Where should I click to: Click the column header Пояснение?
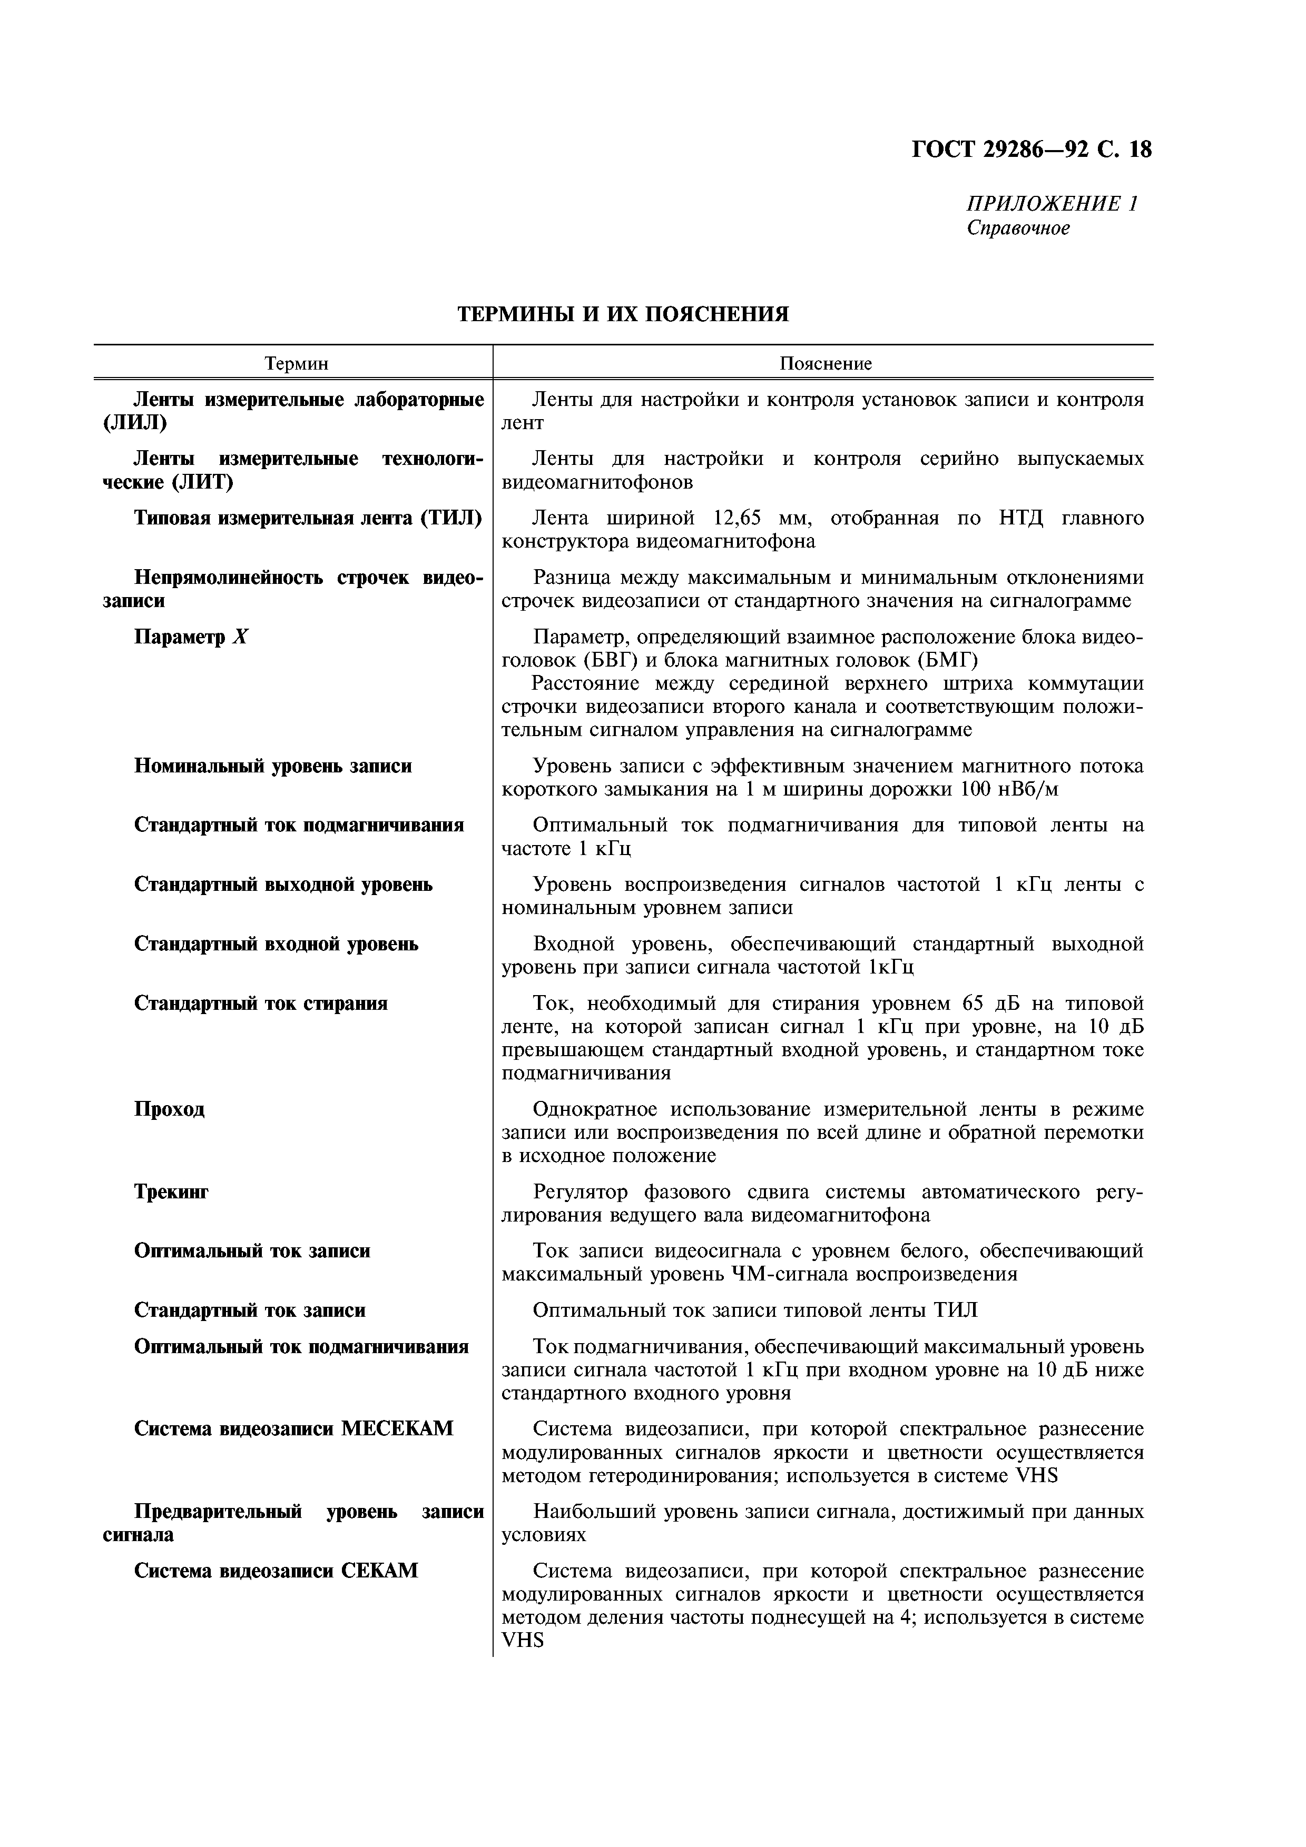pos(825,364)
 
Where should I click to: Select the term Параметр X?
pos(192,637)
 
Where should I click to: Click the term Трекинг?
pos(171,1191)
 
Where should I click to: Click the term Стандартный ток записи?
pos(249,1310)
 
